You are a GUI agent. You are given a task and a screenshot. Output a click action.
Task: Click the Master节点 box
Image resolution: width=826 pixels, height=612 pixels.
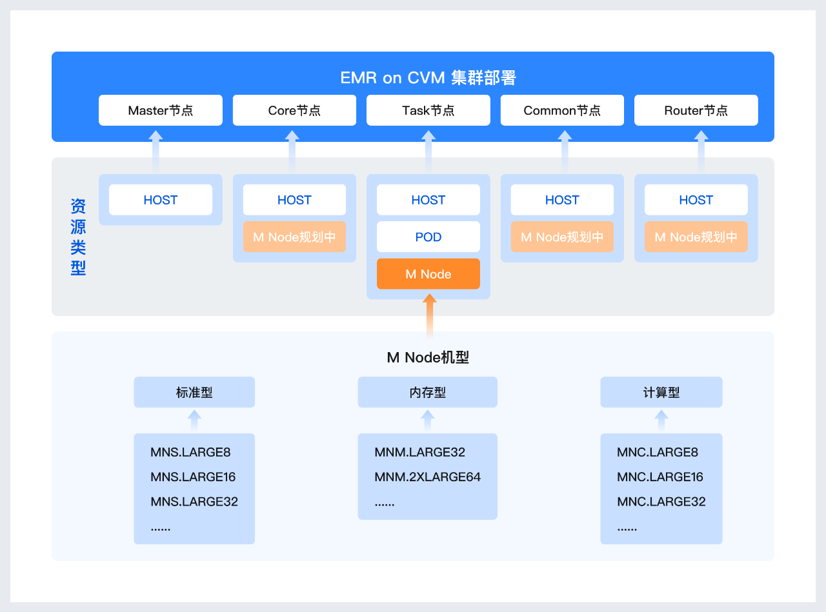[x=161, y=110]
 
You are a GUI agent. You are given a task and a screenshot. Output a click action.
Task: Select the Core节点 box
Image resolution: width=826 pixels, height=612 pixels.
[x=294, y=110]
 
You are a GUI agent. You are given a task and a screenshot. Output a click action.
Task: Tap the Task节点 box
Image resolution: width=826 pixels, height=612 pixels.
[x=428, y=110]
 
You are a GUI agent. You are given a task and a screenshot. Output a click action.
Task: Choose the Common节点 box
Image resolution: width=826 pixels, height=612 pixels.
[x=562, y=110]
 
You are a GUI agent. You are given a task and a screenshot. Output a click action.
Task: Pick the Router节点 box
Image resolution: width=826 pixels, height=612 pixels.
[x=696, y=110]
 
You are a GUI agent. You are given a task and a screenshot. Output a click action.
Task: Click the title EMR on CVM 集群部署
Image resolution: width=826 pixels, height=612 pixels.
[x=428, y=78]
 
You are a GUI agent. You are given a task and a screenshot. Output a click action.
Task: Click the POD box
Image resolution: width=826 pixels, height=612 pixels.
[x=428, y=237]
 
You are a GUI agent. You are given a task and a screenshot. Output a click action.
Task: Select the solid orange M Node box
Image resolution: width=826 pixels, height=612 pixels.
[x=428, y=274]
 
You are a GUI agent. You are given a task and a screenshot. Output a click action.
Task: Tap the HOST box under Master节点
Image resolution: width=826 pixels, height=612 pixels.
[x=161, y=200]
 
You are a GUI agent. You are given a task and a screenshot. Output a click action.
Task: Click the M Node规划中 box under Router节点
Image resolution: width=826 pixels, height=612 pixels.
[x=696, y=237]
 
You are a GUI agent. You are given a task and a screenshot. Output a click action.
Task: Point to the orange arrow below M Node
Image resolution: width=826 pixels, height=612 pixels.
[x=429, y=316]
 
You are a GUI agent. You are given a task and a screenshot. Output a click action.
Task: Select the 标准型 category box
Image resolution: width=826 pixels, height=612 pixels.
[x=194, y=392]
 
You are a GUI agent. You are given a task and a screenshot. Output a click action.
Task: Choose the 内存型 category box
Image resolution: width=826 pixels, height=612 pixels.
[x=428, y=392]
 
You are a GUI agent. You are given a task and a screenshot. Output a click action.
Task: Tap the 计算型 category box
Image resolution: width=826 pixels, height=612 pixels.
[x=661, y=392]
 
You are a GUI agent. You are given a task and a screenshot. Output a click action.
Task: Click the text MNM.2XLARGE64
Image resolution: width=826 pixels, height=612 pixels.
[x=428, y=477]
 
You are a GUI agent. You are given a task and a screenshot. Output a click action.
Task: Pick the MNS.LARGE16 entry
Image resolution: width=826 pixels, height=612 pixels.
[x=193, y=477]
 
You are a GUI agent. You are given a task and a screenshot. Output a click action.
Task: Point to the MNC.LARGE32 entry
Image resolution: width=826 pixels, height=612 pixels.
[x=661, y=502]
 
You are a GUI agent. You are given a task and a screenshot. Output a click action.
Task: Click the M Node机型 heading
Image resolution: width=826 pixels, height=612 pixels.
[x=428, y=357]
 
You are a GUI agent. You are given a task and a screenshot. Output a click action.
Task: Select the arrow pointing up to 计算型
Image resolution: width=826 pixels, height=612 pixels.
[x=661, y=420]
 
